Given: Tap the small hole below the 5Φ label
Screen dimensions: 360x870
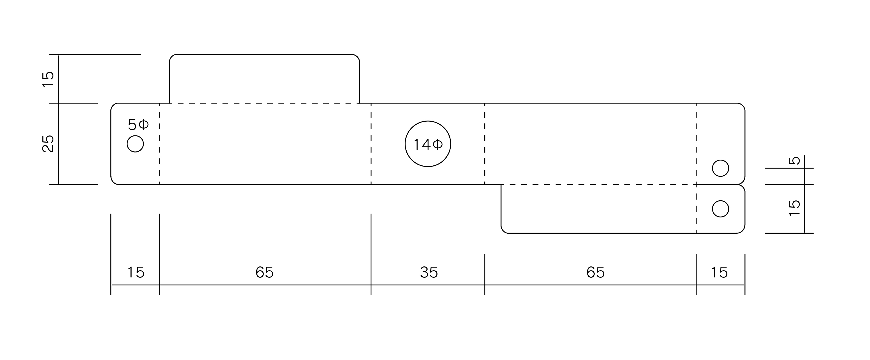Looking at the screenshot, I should [x=135, y=144].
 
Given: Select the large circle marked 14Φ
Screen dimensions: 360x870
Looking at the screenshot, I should [x=428, y=144].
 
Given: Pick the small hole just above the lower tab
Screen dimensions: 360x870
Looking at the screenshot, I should [x=721, y=168].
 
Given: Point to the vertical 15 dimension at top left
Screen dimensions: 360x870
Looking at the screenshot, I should [x=48, y=79].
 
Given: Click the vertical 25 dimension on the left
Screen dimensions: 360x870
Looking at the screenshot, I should [x=48, y=144].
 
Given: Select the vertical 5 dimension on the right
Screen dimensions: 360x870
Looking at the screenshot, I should [x=794, y=160].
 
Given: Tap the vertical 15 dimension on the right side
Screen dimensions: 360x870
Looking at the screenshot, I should [x=794, y=208].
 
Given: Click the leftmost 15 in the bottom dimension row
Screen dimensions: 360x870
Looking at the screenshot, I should [x=136, y=272].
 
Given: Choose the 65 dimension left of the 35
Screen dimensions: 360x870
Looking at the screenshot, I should [x=265, y=272].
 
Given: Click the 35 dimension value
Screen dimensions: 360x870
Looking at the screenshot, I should [x=429, y=272].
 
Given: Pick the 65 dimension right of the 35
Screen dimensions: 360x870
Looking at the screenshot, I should [x=596, y=272].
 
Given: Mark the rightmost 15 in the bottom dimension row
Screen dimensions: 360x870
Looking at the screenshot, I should [x=719, y=272].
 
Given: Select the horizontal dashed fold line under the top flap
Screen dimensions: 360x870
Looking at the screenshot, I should [x=265, y=103].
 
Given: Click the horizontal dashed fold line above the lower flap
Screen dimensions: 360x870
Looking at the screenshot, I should [x=598, y=184].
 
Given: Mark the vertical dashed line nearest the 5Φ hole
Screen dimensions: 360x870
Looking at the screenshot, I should [x=159, y=144].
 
